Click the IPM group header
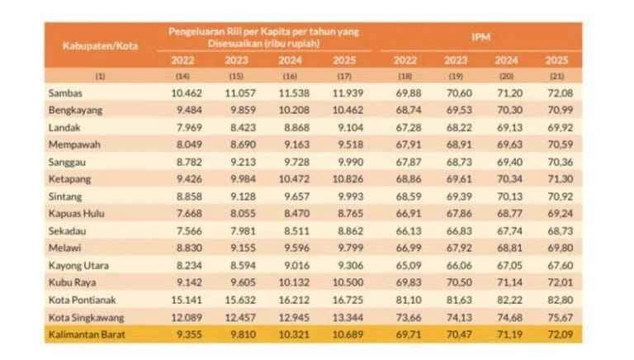click(x=481, y=37)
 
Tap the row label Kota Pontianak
click(x=80, y=301)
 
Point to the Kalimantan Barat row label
click(x=85, y=334)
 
